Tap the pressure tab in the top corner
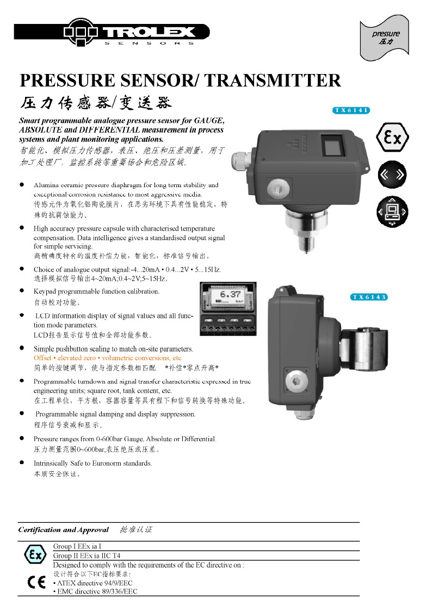(x=385, y=37)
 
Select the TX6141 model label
(x=351, y=110)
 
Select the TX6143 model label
(x=369, y=297)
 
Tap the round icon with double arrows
(x=392, y=175)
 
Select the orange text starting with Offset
(x=108, y=358)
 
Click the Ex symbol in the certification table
(x=35, y=555)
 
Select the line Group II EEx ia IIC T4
(x=87, y=556)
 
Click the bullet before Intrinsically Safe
(x=22, y=463)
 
